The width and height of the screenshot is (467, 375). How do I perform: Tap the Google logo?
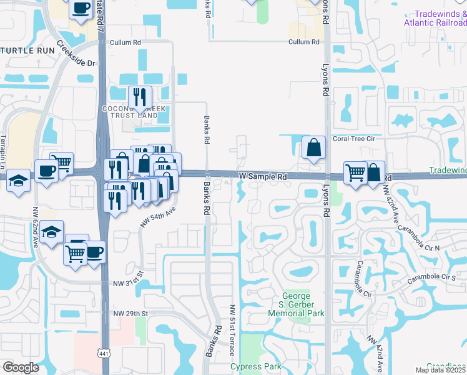coord(21,367)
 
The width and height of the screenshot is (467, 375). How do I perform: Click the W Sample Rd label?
coord(263,177)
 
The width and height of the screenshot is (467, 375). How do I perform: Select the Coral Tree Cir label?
coord(356,139)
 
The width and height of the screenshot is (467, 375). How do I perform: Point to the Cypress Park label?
coord(256,366)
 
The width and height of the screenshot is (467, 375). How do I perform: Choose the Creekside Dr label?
coord(77,54)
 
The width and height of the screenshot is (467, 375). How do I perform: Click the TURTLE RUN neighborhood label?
coord(24,51)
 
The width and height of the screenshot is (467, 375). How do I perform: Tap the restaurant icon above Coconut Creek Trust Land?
coord(139,97)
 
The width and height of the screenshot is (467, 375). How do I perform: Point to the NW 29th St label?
coord(130,312)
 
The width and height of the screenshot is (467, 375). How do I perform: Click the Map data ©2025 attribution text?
coord(441,370)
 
